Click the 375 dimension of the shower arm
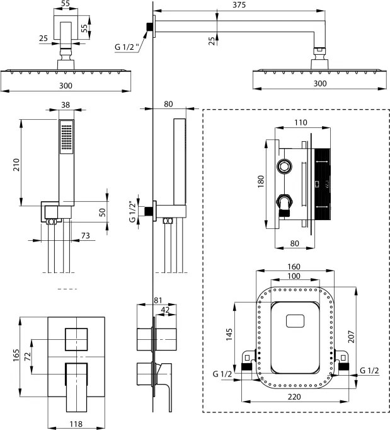point(238,6)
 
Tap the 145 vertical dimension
point(230,332)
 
